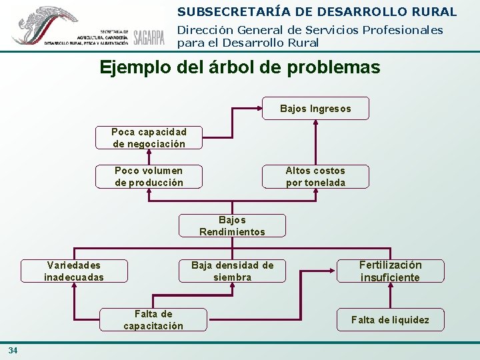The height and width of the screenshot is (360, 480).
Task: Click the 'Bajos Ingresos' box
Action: (x=315, y=109)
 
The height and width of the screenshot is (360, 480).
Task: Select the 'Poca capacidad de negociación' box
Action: (x=149, y=138)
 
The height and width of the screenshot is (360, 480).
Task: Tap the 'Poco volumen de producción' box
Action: (x=149, y=177)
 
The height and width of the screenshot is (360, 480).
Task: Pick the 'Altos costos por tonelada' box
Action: (x=315, y=177)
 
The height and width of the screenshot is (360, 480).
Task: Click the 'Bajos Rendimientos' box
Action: (x=232, y=226)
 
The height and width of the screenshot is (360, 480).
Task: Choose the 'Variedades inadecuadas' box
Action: (x=74, y=271)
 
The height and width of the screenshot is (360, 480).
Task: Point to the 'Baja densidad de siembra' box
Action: (x=232, y=271)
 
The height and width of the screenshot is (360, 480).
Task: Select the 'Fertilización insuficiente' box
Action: (x=391, y=271)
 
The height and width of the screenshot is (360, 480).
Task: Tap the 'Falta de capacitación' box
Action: (x=153, y=320)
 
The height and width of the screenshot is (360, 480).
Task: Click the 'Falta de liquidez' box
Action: (x=391, y=320)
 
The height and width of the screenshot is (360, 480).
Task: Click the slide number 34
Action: (x=13, y=351)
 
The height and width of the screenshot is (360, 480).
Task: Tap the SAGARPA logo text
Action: (x=149, y=38)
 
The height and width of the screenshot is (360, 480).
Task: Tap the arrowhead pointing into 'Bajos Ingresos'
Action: (x=258, y=109)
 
